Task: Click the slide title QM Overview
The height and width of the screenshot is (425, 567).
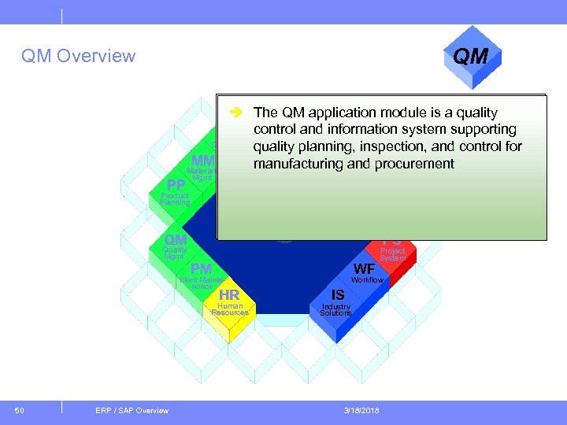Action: point(78,56)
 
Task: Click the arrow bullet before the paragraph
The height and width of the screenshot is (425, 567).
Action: point(234,113)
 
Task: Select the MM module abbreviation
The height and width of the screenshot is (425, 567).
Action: point(203,161)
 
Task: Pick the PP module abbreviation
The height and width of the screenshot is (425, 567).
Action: point(170,185)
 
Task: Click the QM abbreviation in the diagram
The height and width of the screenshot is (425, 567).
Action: point(175,239)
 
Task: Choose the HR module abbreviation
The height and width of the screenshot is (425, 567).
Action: point(229,295)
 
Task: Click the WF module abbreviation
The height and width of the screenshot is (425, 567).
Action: point(364,269)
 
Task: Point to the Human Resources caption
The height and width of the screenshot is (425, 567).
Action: point(230,309)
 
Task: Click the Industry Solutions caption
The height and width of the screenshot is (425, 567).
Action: point(335,309)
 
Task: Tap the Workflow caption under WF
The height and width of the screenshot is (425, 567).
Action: point(367,280)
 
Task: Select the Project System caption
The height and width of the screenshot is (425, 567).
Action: point(392,254)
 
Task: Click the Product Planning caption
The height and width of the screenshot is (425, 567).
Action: point(175,199)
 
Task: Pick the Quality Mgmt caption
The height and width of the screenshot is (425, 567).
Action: point(175,253)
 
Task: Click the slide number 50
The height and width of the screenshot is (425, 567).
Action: point(20,410)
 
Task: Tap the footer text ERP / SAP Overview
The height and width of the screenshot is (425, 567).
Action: point(132,410)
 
